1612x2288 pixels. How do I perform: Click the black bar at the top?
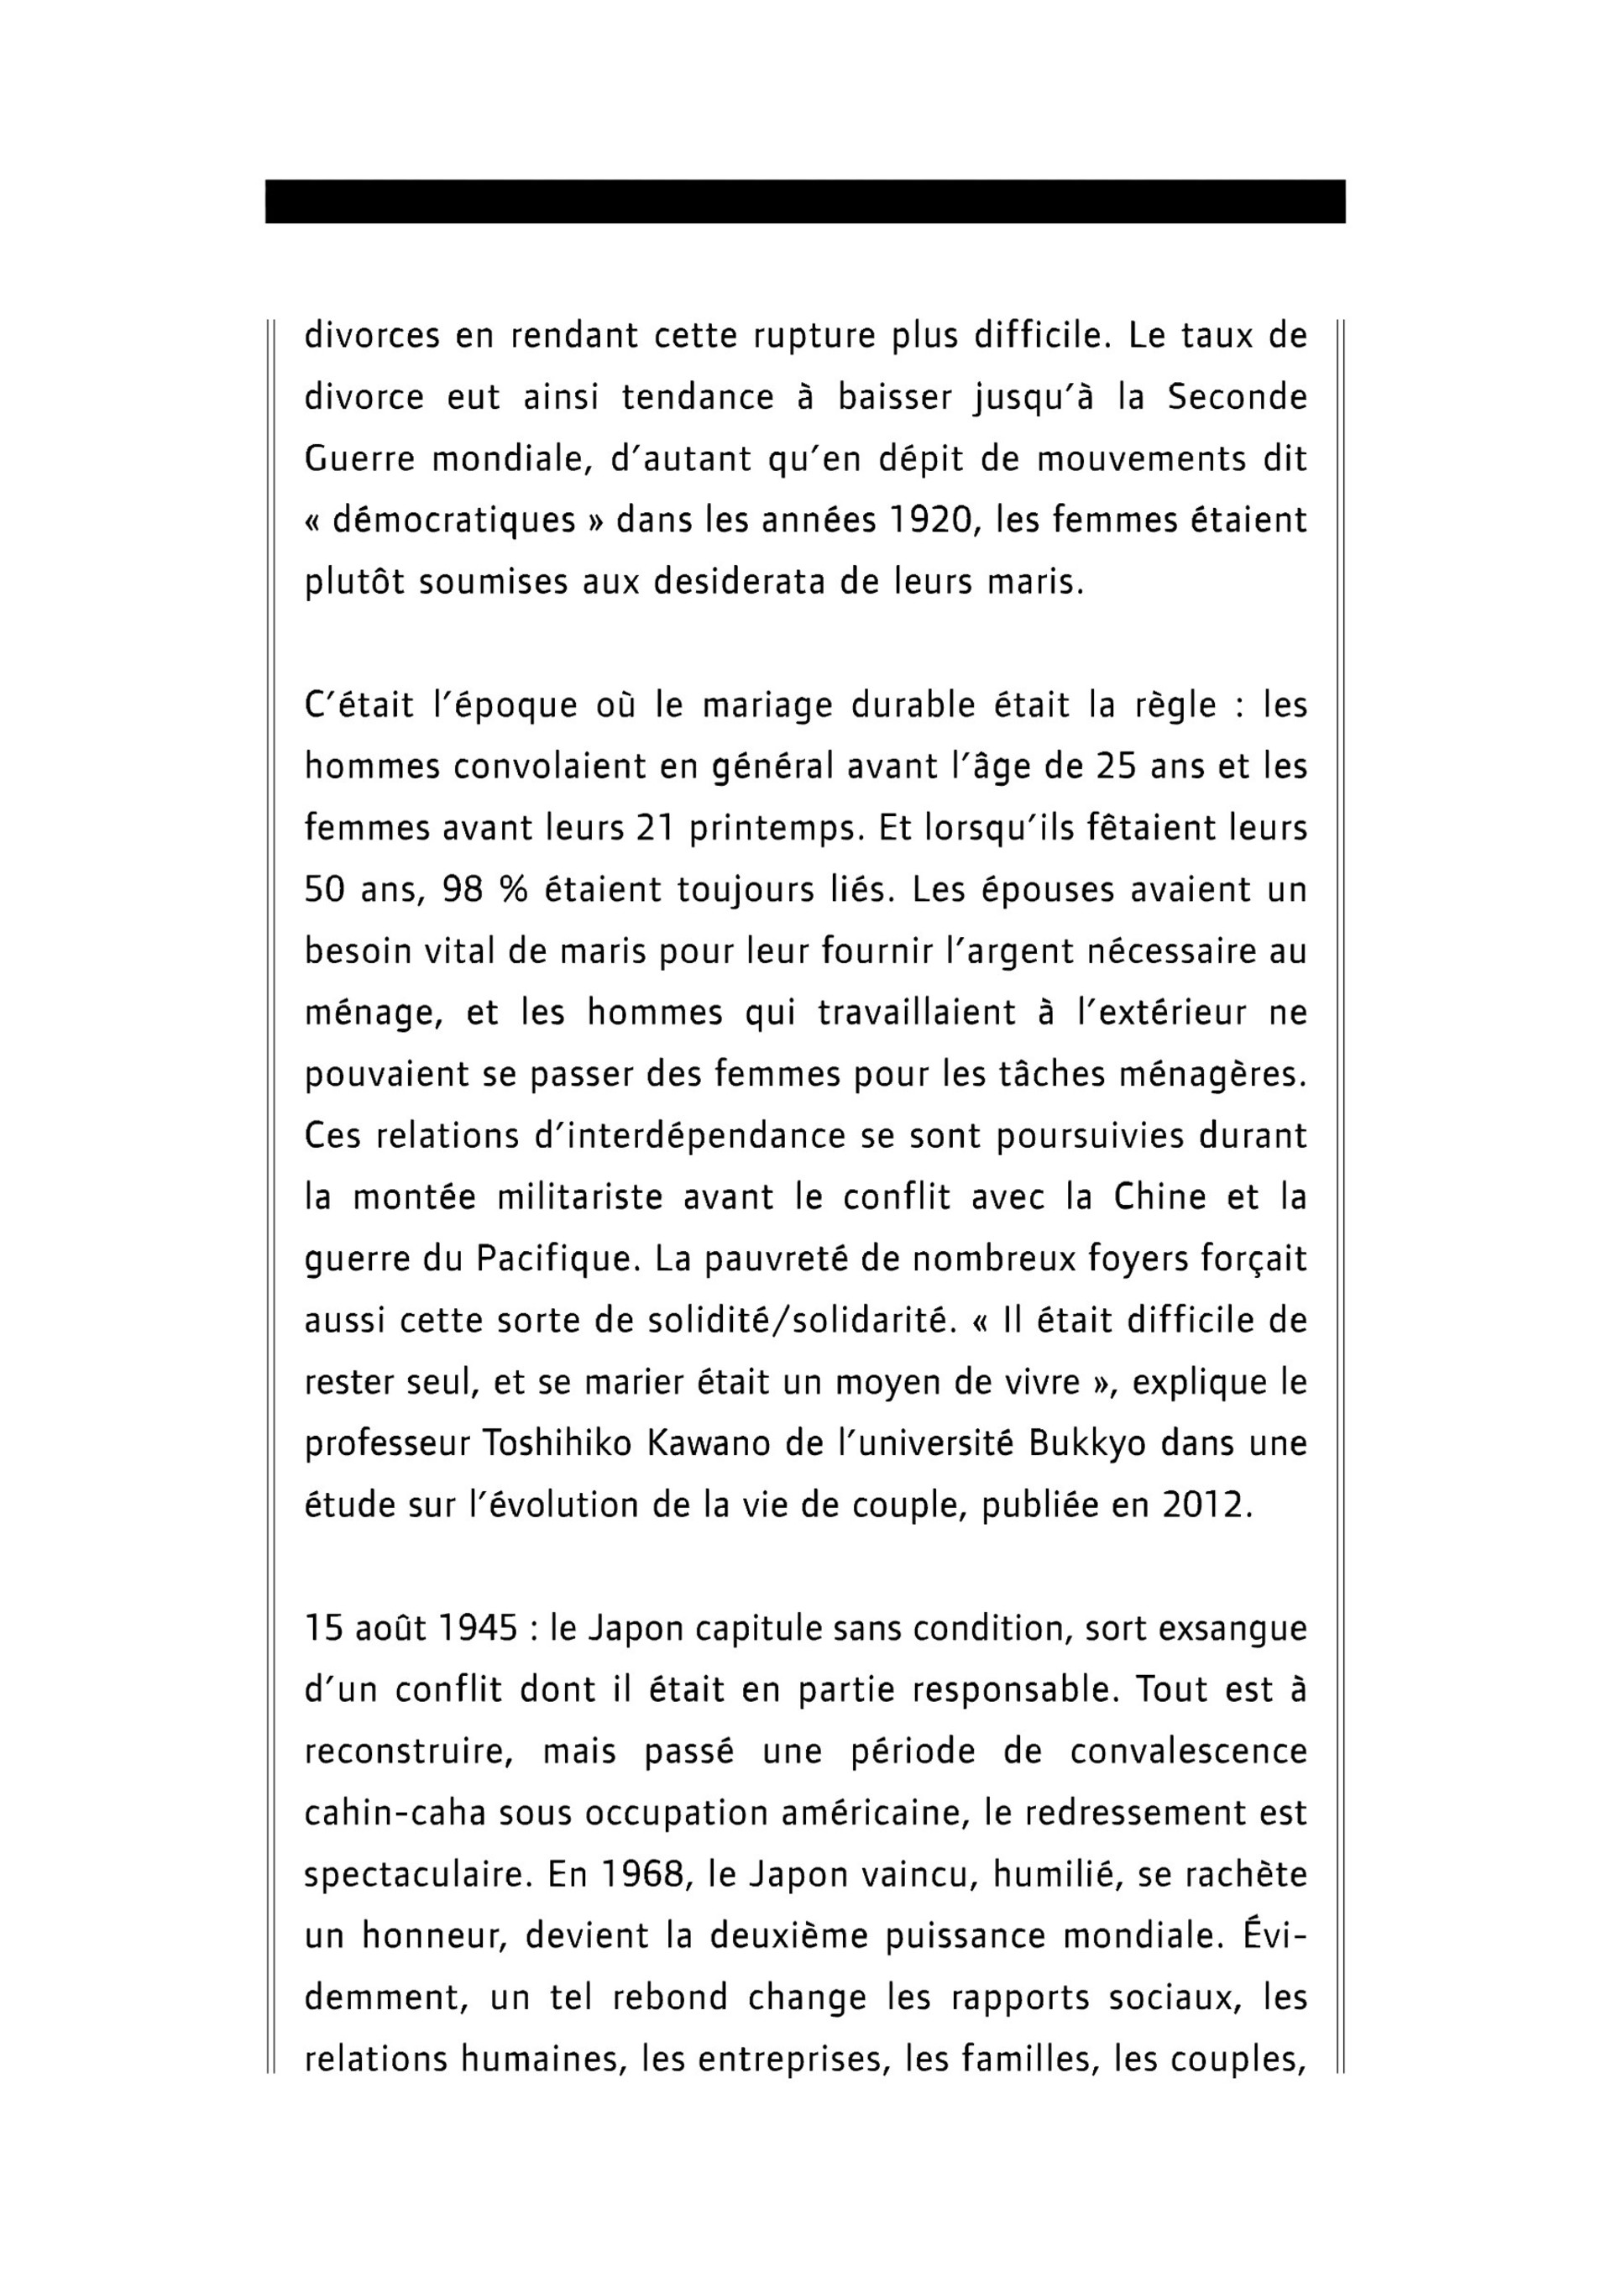click(x=805, y=202)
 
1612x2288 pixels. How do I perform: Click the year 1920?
click(x=927, y=521)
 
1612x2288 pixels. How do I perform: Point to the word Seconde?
click(x=1237, y=398)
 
